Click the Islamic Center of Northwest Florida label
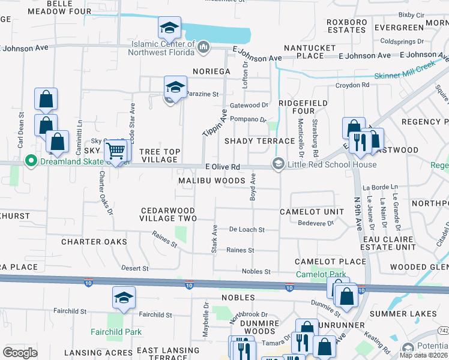click(161, 48)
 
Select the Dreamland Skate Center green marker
click(29, 161)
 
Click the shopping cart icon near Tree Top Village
click(115, 150)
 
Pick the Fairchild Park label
click(116, 332)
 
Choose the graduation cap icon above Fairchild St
click(124, 298)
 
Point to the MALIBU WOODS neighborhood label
click(212, 181)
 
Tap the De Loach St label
click(247, 230)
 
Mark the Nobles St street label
click(256, 272)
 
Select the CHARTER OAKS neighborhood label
click(94, 242)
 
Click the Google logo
click(20, 353)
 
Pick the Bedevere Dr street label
click(315, 223)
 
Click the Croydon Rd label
click(352, 85)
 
